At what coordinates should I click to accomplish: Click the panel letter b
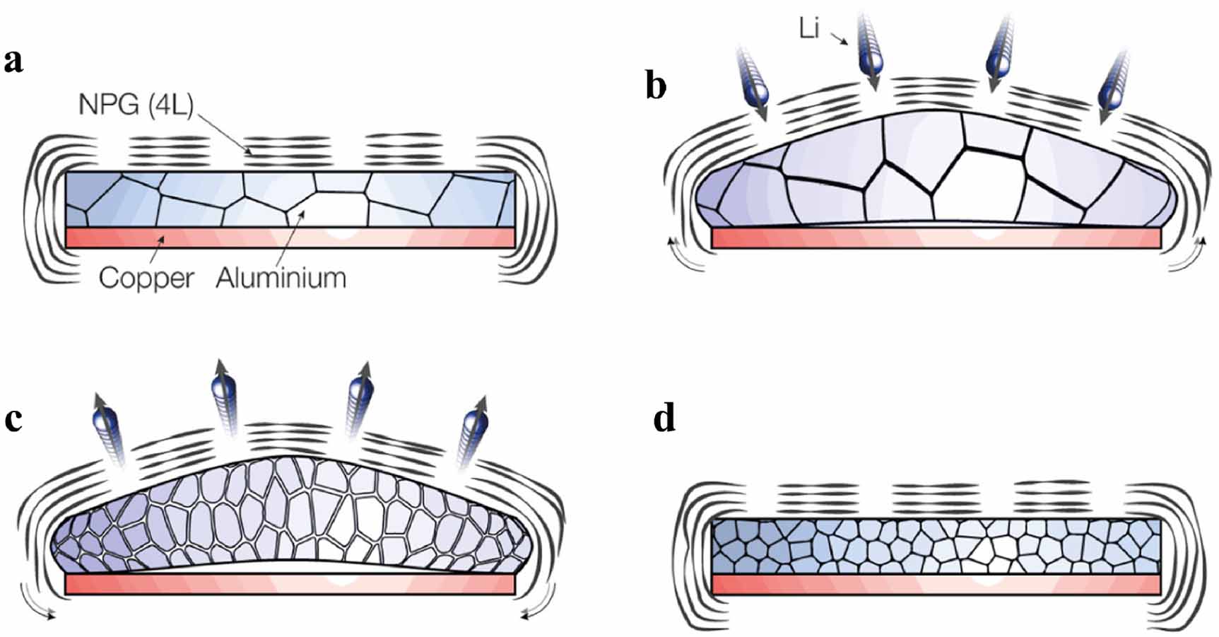(x=656, y=86)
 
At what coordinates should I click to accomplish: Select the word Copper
(x=146, y=277)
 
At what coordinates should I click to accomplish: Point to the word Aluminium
(x=281, y=277)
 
